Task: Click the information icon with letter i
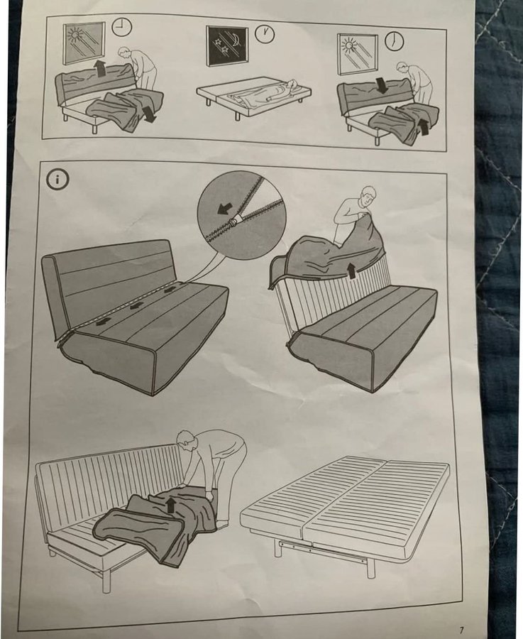coord(57,180)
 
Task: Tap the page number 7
coord(461,630)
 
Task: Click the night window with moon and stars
coord(227,46)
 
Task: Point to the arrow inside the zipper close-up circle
coord(224,209)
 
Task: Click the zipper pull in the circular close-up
coord(233,221)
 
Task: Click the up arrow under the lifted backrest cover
coord(349,271)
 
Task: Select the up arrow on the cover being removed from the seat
coord(171,506)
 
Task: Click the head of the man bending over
coord(186,440)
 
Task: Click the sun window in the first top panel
coord(84,43)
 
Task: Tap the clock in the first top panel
coord(122,27)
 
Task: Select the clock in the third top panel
coord(395,42)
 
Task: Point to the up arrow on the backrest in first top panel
coord(98,67)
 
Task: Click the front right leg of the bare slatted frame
coord(370,567)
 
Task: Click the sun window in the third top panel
coord(357,55)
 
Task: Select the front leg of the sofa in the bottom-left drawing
coord(106,581)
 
